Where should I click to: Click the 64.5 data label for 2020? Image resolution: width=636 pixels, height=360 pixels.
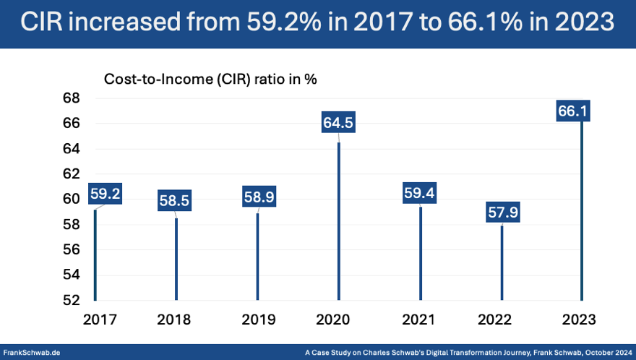pos(338,124)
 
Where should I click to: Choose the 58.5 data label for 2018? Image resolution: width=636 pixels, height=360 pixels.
pos(174,201)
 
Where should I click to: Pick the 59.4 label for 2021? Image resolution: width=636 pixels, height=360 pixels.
pos(421,194)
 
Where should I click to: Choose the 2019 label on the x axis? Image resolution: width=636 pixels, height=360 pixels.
pos(258,319)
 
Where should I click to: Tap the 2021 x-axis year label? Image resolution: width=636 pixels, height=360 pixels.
pos(420,319)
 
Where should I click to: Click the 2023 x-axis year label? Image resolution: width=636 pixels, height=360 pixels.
pos(582,319)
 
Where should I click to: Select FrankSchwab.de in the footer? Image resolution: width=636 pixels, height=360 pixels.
pos(32,351)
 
